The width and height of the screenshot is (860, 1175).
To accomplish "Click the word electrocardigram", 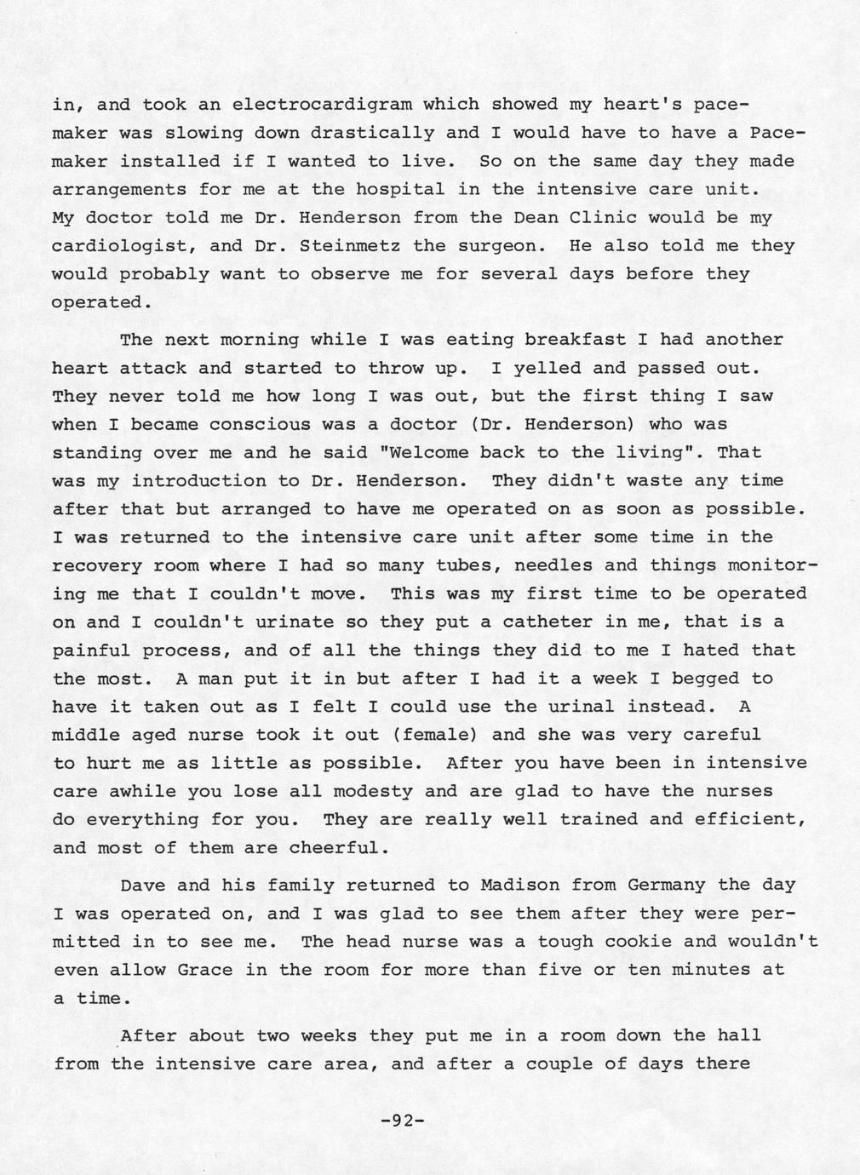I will (x=322, y=106).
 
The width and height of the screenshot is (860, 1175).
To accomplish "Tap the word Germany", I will (x=666, y=885).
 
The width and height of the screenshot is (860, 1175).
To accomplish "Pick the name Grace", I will (x=204, y=970).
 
